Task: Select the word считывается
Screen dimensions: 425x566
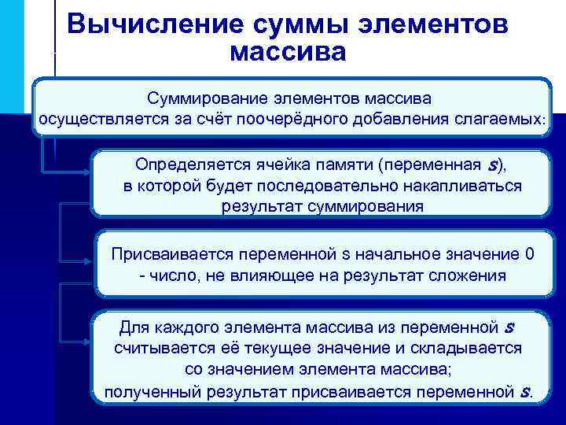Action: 161,347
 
